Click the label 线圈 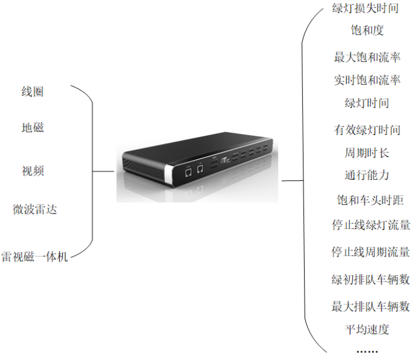click(32, 91)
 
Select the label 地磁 click(32, 128)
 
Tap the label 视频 click(32, 171)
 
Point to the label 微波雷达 click(35, 209)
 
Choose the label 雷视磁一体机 click(35, 256)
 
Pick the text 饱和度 click(367, 30)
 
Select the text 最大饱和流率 click(367, 57)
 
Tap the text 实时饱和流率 click(367, 80)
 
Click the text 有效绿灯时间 click(367, 130)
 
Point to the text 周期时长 click(367, 153)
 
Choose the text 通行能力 click(367, 175)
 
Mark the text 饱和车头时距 click(367, 200)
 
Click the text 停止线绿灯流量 click(370, 225)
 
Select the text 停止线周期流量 click(370, 252)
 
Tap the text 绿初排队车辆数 click(370, 279)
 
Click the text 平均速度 click(367, 330)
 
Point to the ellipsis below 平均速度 click(367, 350)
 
